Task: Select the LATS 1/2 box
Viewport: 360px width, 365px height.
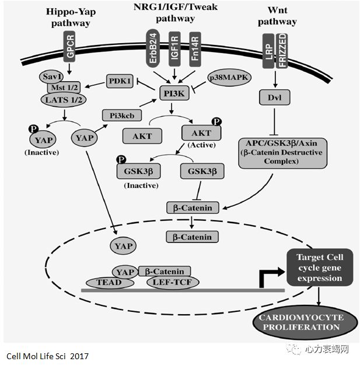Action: [x=64, y=100]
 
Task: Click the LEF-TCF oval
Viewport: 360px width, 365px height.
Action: [x=172, y=282]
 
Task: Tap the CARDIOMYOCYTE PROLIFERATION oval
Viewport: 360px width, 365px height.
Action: [x=306, y=322]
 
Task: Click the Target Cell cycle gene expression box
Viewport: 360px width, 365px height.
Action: [x=319, y=269]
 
